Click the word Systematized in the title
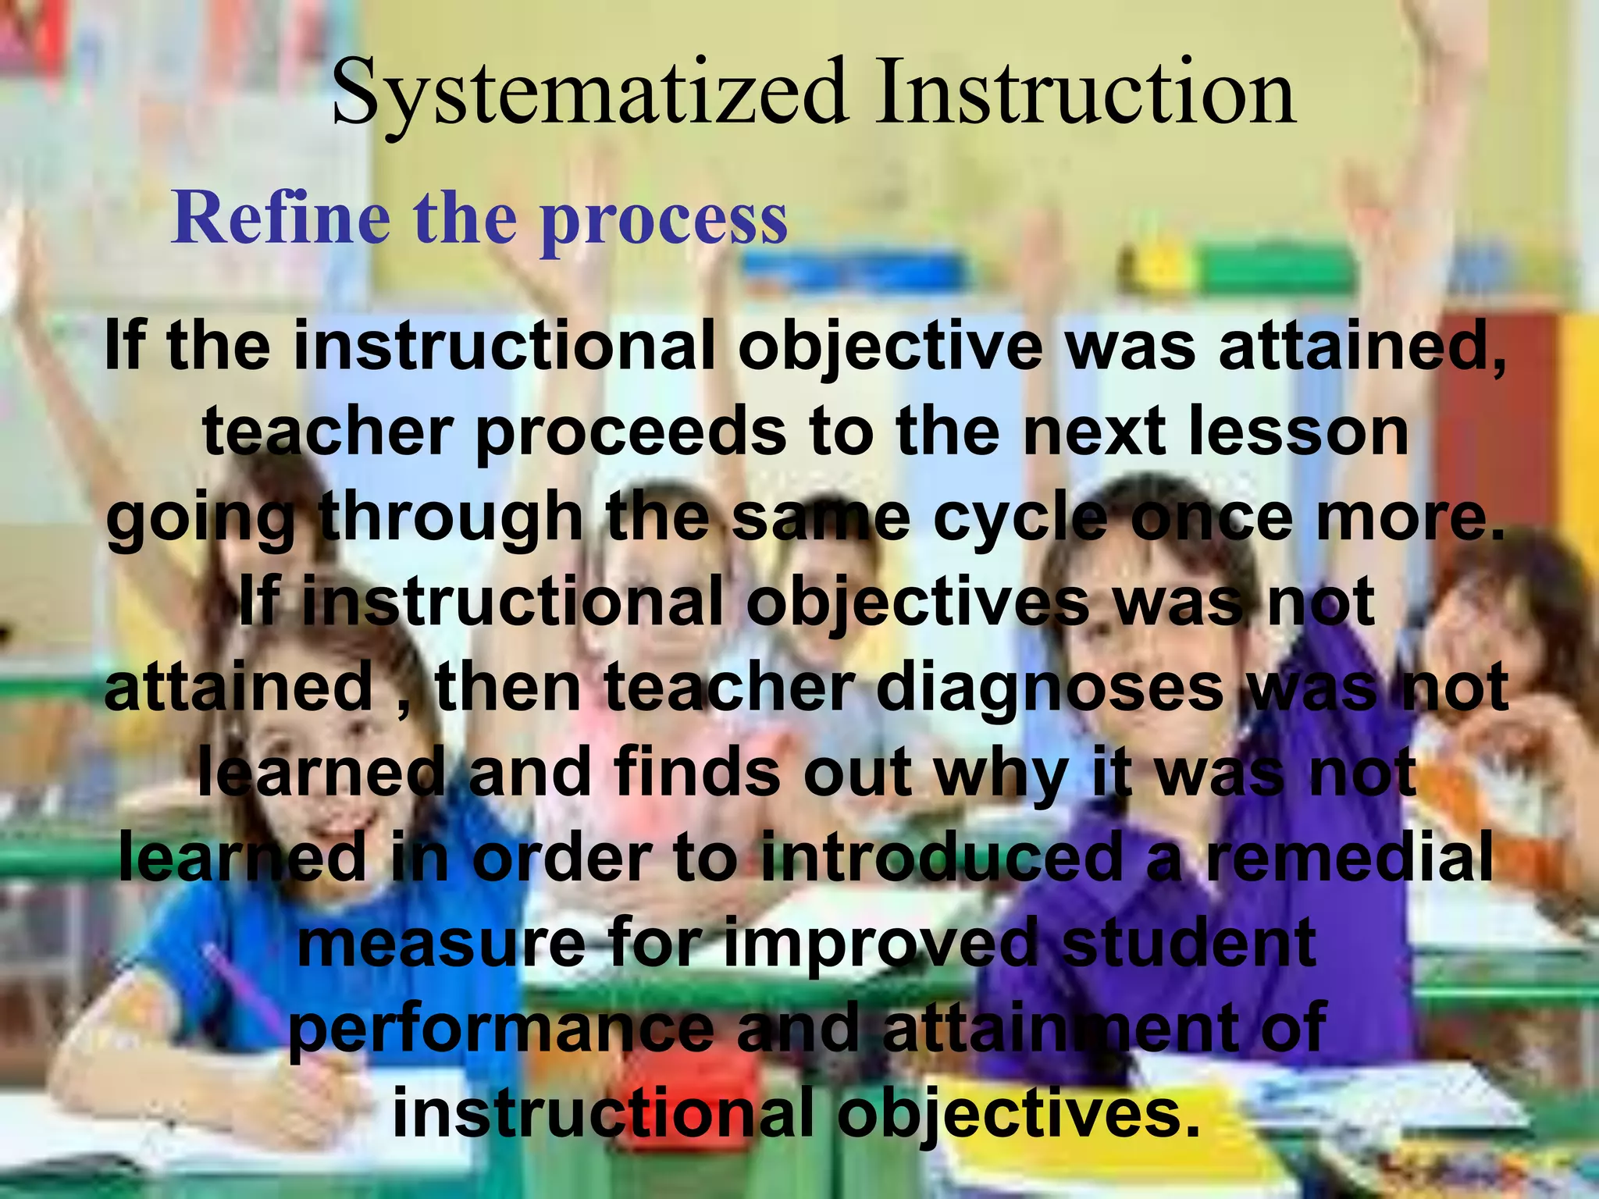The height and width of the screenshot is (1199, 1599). [589, 94]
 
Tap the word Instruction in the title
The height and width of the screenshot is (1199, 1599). [1085, 94]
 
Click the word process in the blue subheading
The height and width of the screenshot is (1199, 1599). [664, 220]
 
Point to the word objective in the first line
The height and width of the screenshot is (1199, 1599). [889, 347]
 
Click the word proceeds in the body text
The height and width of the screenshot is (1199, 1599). [631, 433]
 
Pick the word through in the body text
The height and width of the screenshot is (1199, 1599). [452, 519]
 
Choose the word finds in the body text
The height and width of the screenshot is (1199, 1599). [698, 773]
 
